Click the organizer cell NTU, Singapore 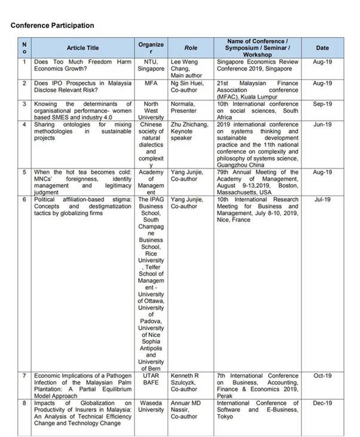pos(151,65)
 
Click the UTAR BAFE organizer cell pos(151,379)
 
